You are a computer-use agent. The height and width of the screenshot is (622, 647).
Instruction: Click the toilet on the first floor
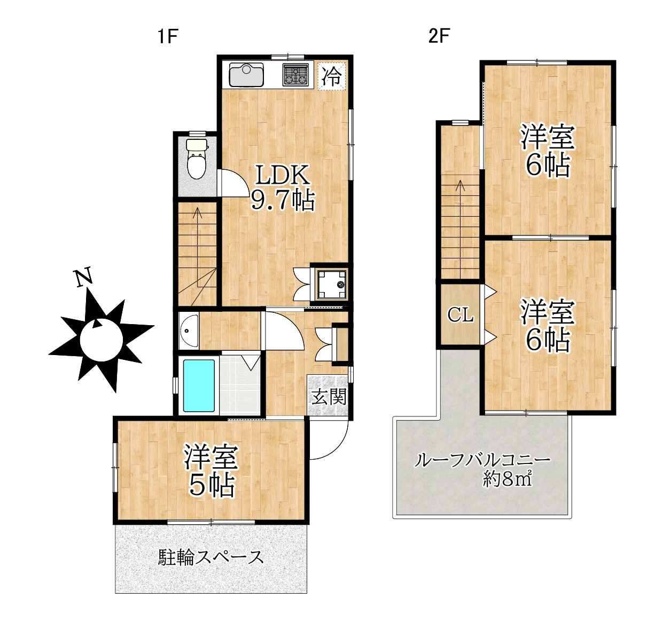pyautogui.click(x=197, y=158)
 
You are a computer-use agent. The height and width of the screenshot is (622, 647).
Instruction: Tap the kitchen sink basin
pyautogui.click(x=246, y=74)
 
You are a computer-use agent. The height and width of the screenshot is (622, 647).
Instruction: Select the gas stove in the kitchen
pyautogui.click(x=295, y=74)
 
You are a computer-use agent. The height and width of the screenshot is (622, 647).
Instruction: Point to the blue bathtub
pyautogui.click(x=199, y=385)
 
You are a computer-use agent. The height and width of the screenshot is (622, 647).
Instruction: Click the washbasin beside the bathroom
pyautogui.click(x=189, y=330)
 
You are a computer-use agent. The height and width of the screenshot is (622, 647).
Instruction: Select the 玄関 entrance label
pyautogui.click(x=329, y=396)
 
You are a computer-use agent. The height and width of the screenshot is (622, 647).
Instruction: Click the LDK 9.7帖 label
pyautogui.click(x=282, y=188)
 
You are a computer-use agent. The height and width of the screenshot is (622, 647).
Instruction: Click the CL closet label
pyautogui.click(x=460, y=314)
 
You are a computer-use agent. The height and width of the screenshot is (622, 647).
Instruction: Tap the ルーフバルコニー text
pyautogui.click(x=482, y=461)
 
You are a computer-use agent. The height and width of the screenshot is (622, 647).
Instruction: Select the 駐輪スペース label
pyautogui.click(x=211, y=557)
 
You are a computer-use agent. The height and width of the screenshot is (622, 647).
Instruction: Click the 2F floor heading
pyautogui.click(x=439, y=36)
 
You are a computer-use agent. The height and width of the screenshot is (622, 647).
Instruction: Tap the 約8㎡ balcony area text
pyautogui.click(x=507, y=479)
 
